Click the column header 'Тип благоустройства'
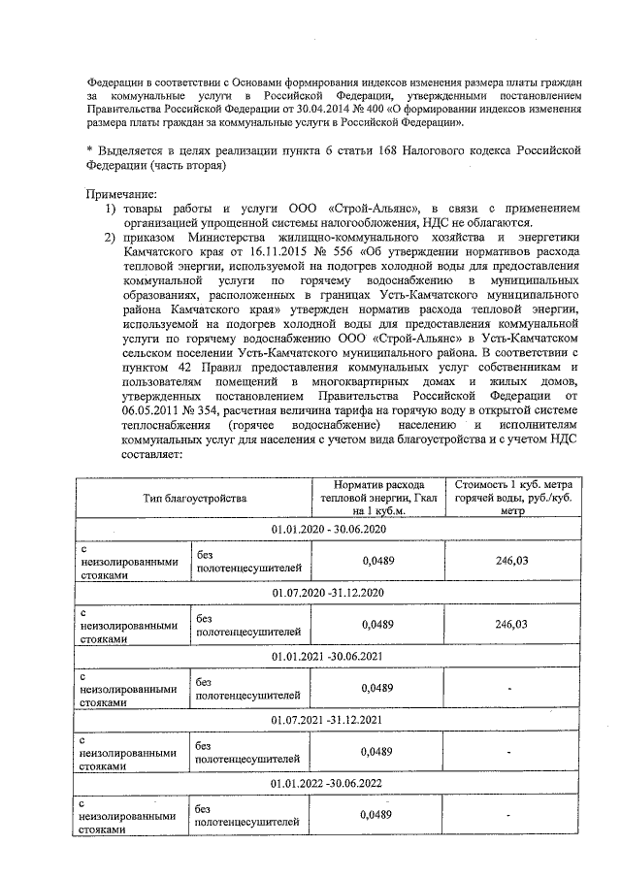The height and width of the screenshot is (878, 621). pyautogui.click(x=193, y=497)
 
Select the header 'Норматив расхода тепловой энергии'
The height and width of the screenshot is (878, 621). pyautogui.click(x=377, y=497)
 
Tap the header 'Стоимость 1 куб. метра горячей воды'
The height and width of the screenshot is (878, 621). pyautogui.click(x=511, y=497)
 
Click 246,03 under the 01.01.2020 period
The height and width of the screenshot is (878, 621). pyautogui.click(x=511, y=561)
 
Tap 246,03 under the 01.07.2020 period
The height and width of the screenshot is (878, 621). pyautogui.click(x=511, y=624)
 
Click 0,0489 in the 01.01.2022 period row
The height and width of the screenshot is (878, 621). pyautogui.click(x=376, y=815)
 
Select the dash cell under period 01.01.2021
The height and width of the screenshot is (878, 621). pyautogui.click(x=511, y=688)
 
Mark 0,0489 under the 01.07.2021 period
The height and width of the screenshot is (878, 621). pyautogui.click(x=376, y=751)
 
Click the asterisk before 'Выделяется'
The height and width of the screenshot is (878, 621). pyautogui.click(x=89, y=150)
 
